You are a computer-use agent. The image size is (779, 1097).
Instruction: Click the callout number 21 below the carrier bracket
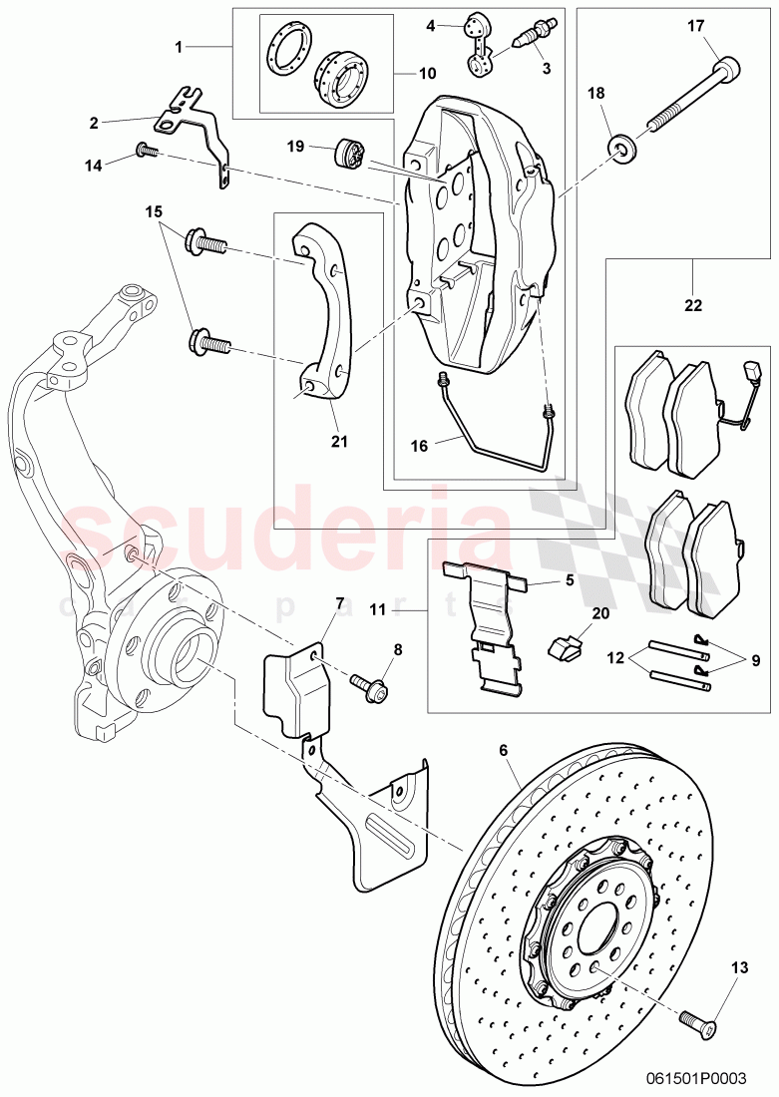(x=340, y=440)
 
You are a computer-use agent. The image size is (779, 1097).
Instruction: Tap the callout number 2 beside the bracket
(x=94, y=123)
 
